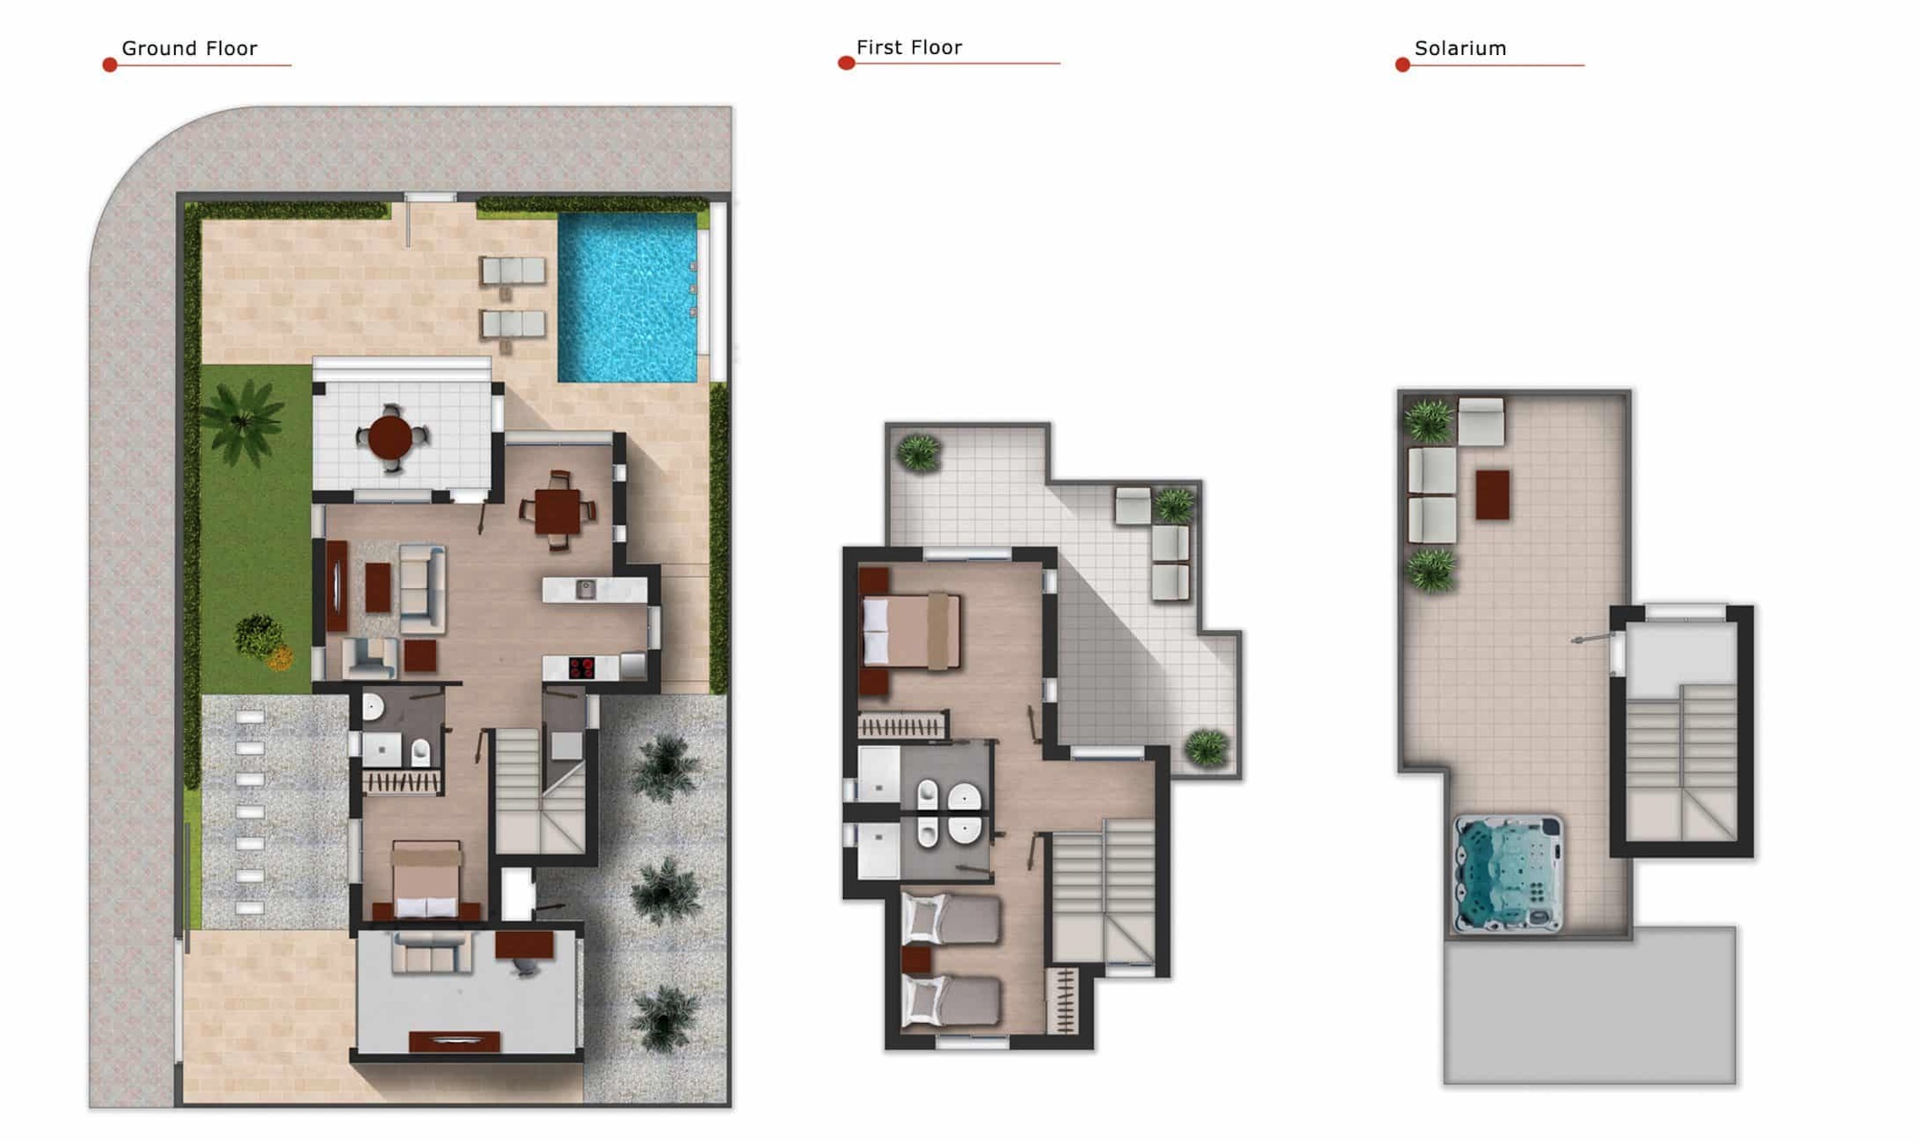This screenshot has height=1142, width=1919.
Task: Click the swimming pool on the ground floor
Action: (628, 296)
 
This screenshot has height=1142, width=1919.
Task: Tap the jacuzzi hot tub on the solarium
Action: (1509, 873)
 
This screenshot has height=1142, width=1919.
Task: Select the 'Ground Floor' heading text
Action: (189, 48)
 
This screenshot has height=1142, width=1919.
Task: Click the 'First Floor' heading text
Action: (909, 47)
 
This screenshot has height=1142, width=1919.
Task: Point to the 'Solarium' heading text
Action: (1460, 48)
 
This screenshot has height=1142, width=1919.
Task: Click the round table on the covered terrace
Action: (390, 438)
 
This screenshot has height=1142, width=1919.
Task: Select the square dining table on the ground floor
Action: (557, 511)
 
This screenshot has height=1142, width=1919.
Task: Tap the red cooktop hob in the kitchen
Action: (581, 668)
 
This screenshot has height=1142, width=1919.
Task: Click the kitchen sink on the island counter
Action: (585, 589)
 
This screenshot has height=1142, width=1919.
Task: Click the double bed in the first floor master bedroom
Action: (910, 631)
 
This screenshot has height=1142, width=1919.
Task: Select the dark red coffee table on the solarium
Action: (1492, 495)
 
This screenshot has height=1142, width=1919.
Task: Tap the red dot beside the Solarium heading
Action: (1403, 65)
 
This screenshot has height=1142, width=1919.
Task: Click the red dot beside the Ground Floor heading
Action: (110, 65)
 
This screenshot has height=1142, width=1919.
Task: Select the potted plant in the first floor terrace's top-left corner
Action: (919, 453)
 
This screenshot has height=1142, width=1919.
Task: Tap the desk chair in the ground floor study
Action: (524, 966)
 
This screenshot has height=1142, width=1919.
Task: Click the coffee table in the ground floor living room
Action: (378, 586)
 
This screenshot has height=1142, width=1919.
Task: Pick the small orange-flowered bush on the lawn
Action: (280, 657)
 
